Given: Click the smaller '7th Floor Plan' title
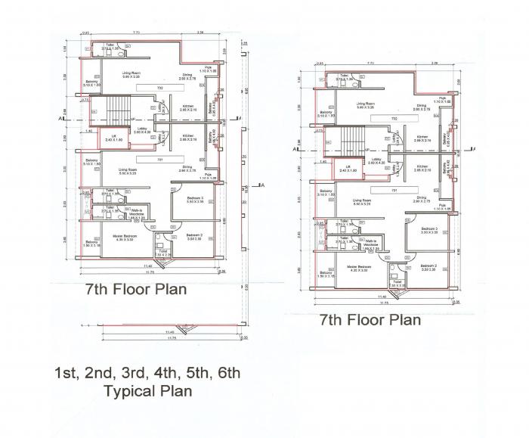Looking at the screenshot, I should pyautogui.click(x=370, y=319).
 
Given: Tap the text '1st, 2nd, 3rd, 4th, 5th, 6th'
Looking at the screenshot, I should pyautogui.click(x=147, y=372).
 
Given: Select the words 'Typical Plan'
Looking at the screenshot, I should pyautogui.click(x=147, y=391).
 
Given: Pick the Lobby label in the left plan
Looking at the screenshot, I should pyautogui.click(x=165, y=129).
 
